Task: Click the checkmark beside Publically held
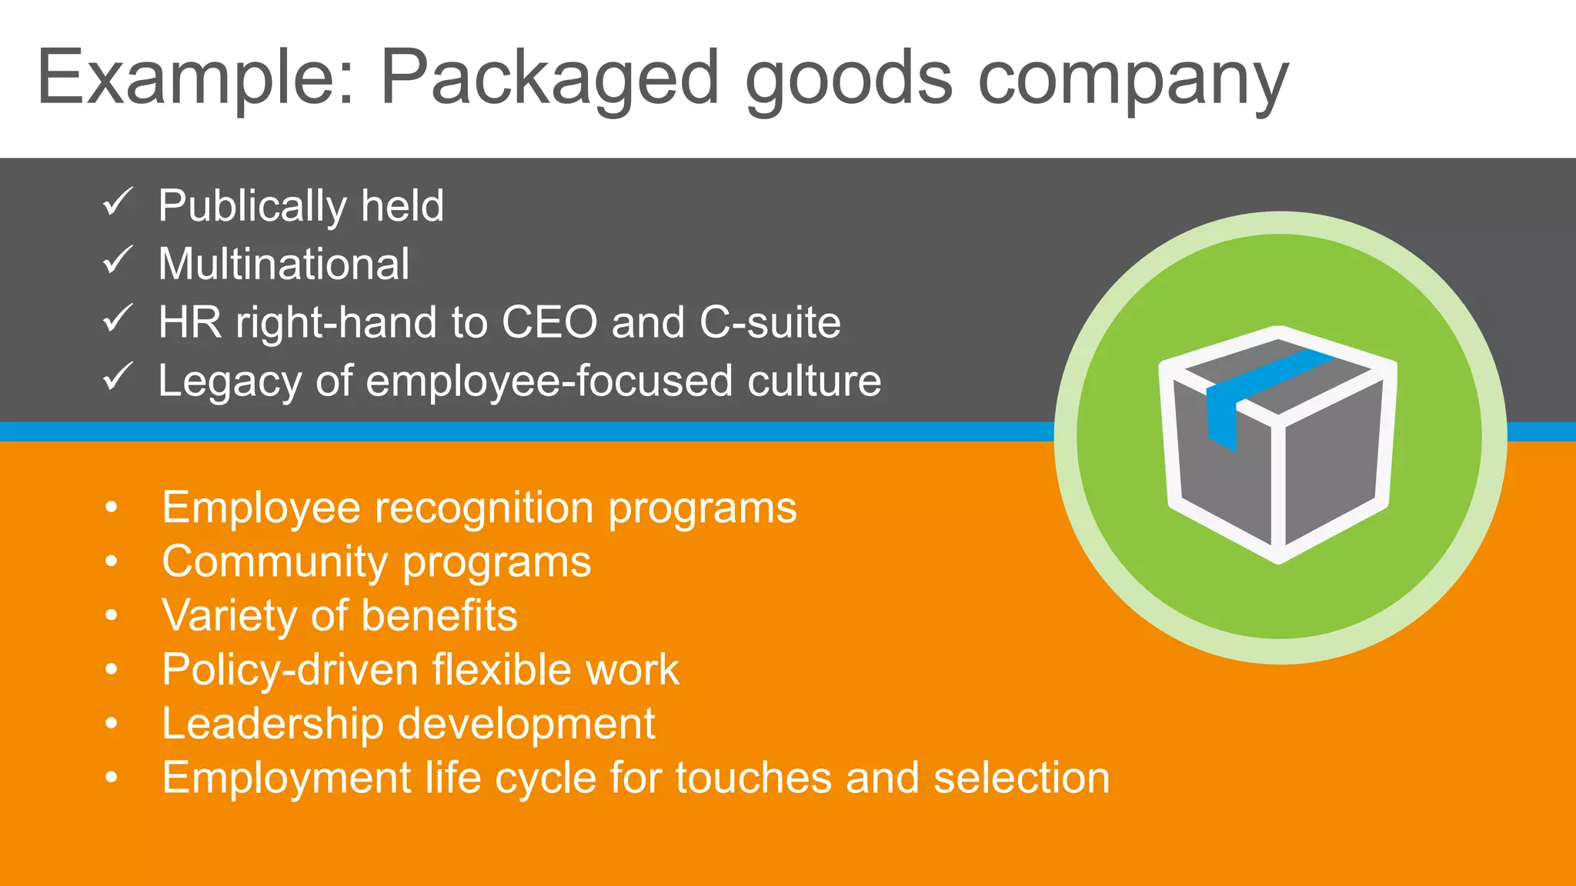(x=118, y=202)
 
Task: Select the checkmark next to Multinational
(x=118, y=261)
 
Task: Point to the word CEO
(x=549, y=321)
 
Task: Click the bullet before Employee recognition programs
(x=112, y=508)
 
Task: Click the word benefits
(x=439, y=615)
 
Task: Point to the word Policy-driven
(x=289, y=670)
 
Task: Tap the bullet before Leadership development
(x=112, y=724)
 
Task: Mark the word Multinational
(x=283, y=264)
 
